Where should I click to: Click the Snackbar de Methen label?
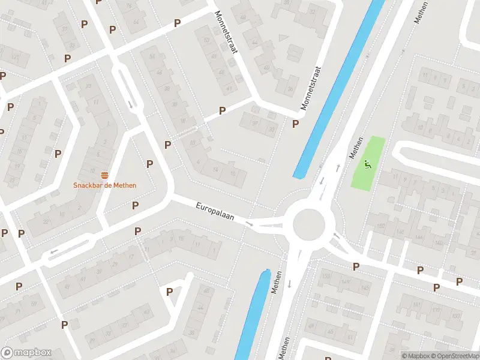point(105,185)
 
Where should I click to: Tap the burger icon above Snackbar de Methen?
point(105,175)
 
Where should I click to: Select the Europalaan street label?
point(214,211)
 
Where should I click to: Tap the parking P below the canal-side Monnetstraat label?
point(295,124)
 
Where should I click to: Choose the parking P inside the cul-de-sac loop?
point(169,292)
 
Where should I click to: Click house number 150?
point(380,226)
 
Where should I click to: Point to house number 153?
point(326,275)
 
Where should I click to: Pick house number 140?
point(439,243)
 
